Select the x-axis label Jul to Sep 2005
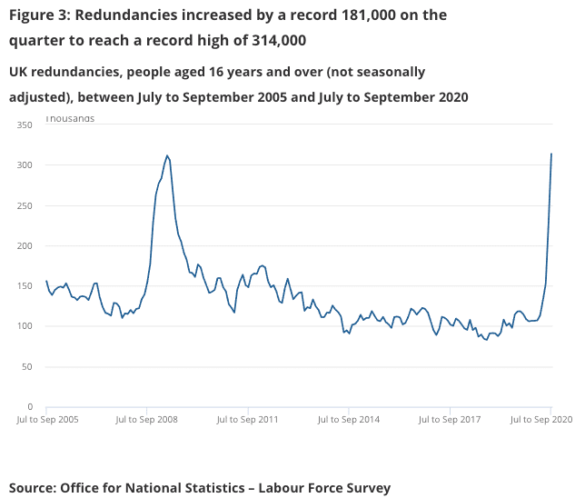[47, 420]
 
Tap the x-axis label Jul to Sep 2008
[147, 420]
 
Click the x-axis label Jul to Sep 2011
[247, 420]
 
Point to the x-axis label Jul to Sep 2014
[349, 420]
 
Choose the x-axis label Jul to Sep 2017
[449, 420]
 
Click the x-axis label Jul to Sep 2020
[540, 420]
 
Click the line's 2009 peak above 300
[167, 155]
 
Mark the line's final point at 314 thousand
[551, 154]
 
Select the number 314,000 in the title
[271, 41]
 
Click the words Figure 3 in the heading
[39, 15]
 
